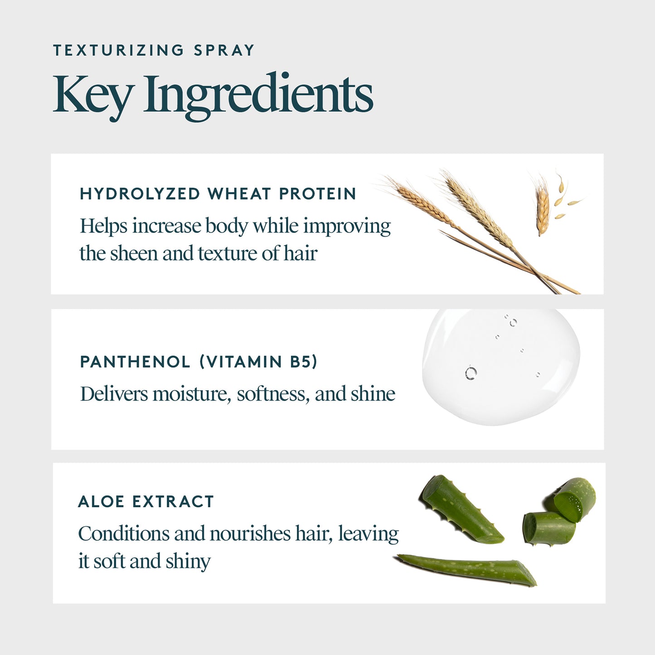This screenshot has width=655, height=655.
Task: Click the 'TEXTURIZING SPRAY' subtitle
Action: (154, 50)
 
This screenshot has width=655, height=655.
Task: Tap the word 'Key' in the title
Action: (93, 95)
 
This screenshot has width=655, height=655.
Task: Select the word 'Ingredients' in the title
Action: (258, 96)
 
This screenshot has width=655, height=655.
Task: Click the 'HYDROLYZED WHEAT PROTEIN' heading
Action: (218, 194)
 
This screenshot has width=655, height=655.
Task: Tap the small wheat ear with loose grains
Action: (543, 209)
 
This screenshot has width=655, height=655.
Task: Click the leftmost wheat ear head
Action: (419, 199)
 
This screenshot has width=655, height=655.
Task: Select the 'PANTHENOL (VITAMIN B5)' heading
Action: (199, 362)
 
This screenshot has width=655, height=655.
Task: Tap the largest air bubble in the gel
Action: (471, 373)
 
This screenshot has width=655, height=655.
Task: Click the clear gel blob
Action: (501, 367)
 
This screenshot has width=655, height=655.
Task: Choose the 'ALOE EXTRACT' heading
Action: (146, 502)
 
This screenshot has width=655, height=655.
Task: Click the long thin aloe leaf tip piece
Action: (467, 568)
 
